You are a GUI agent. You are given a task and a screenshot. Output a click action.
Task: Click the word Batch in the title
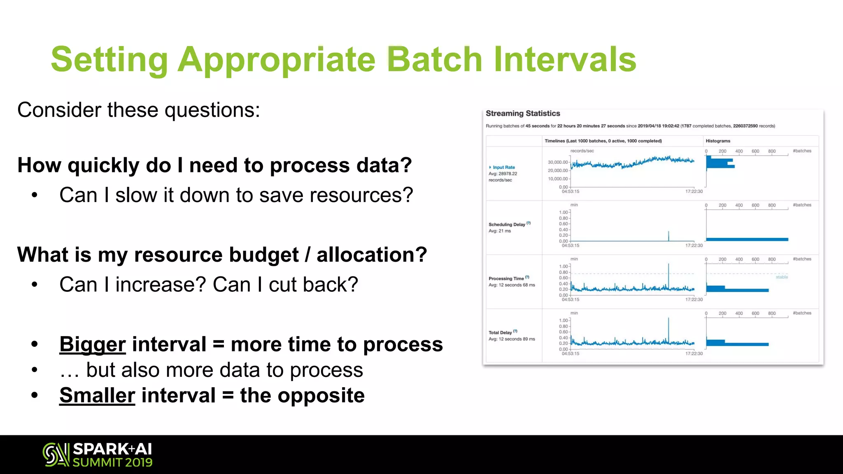click(x=435, y=59)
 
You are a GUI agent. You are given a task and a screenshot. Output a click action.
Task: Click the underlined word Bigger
click(x=92, y=344)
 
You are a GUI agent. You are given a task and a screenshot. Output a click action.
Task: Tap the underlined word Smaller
click(x=97, y=395)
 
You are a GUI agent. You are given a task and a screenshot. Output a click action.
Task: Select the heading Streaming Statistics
click(x=523, y=114)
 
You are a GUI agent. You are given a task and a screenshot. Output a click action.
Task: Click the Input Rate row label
click(x=504, y=167)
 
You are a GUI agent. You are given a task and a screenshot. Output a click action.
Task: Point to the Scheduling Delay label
click(x=507, y=225)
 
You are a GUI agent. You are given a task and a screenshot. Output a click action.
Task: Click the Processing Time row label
click(x=506, y=279)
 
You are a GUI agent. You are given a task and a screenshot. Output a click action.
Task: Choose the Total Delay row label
click(x=500, y=332)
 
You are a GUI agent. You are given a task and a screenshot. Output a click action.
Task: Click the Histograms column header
click(x=718, y=141)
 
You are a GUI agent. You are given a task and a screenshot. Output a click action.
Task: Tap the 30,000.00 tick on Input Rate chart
click(x=558, y=162)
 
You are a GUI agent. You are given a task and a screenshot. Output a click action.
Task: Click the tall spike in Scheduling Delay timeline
click(x=668, y=236)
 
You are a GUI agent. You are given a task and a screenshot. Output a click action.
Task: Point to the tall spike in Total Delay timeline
click(x=668, y=329)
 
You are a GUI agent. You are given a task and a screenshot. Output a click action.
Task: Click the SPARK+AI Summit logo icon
click(x=56, y=455)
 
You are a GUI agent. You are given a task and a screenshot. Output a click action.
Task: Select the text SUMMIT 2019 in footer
click(x=112, y=462)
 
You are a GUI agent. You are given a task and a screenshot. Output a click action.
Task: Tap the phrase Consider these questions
click(x=139, y=110)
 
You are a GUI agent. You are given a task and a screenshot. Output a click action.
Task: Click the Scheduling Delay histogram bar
click(x=747, y=239)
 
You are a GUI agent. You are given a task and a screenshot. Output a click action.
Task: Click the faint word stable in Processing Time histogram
click(x=781, y=277)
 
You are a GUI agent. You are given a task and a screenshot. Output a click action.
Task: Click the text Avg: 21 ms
click(x=499, y=231)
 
